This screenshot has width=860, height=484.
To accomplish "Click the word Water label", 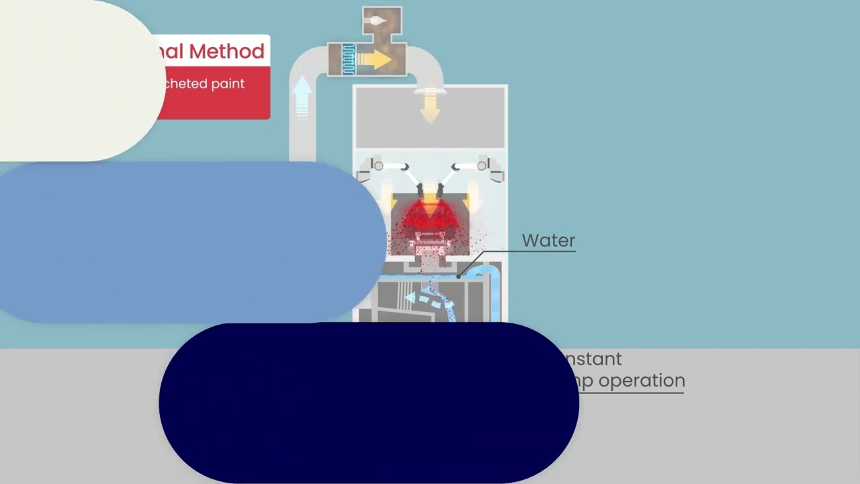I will point(548,241).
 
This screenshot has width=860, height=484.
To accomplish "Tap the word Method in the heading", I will point(226,51).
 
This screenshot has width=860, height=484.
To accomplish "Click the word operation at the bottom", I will point(642,380).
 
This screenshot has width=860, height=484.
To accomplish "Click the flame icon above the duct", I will point(378,21).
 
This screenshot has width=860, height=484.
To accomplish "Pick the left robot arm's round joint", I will point(378,165).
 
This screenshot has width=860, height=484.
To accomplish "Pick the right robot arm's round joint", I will point(482,165).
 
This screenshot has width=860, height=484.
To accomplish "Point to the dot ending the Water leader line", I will point(459,276).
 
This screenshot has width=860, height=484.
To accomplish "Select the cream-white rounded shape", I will point(74,81).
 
